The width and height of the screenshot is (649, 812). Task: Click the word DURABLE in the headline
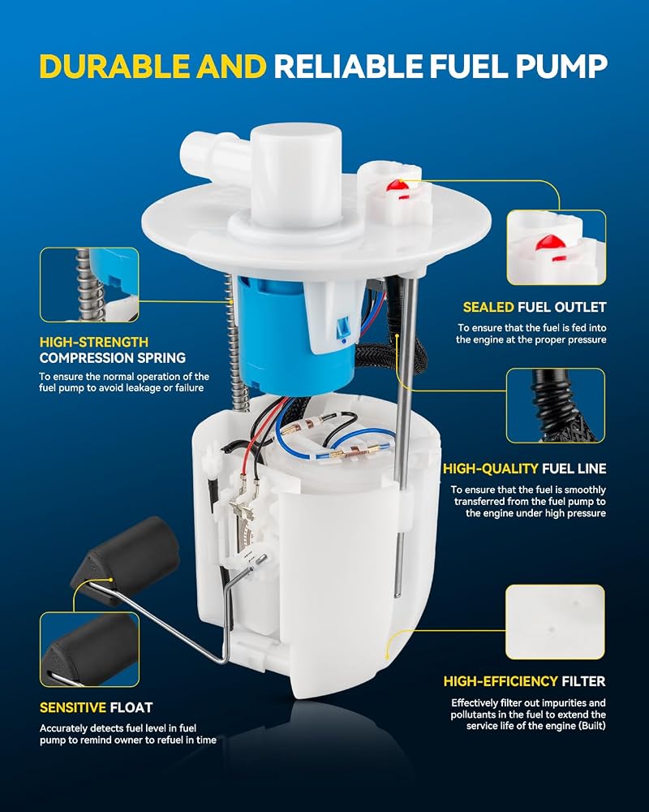115,67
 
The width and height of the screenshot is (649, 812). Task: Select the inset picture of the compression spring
89,285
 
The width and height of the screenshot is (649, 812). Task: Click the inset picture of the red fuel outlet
557,248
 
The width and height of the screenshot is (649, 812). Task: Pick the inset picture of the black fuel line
556,405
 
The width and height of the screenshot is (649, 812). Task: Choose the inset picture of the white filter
556,622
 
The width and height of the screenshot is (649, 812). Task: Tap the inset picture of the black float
89,650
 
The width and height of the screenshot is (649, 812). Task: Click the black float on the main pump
127,559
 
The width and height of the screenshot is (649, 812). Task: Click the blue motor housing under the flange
290,334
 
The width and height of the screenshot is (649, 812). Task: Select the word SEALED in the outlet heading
488,307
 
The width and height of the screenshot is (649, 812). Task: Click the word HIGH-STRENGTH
94,342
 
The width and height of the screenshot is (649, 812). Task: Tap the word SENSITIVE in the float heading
73,707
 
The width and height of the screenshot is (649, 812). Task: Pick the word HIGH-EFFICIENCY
501,681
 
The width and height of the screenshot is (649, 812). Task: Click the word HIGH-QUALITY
491,469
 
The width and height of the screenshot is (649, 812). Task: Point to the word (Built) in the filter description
590,726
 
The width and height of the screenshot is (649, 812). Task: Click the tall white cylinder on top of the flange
296,174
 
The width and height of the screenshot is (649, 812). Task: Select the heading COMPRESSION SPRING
112,358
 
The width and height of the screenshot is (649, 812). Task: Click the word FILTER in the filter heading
583,681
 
